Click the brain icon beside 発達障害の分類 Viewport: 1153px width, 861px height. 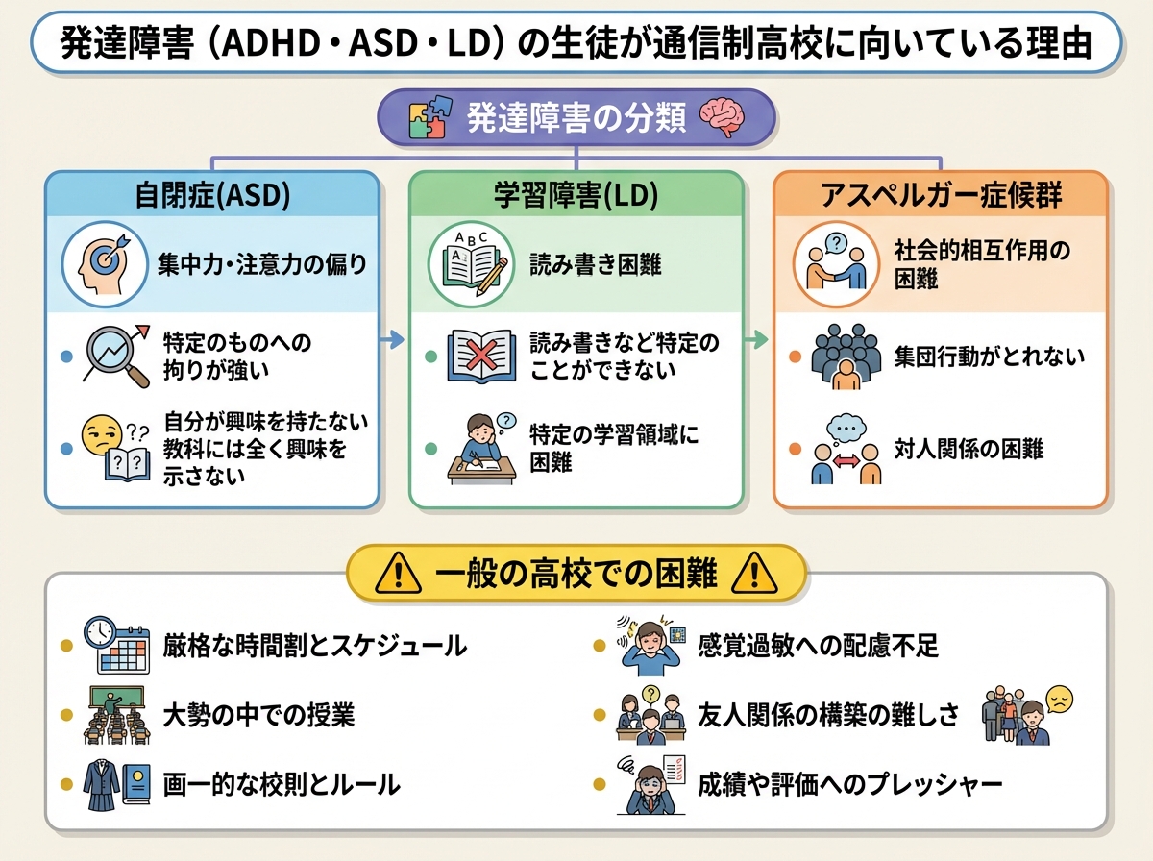[723, 118]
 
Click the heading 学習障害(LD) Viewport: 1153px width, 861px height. [576, 196]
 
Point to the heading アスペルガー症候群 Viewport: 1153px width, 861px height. [941, 196]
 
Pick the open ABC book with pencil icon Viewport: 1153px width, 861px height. [468, 263]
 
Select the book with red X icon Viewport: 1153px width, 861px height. [481, 356]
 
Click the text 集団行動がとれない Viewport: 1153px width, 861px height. [989, 357]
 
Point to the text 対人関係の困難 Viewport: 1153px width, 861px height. [969, 448]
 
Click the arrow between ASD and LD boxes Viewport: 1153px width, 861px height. [392, 338]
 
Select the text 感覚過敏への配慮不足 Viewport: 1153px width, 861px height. [818, 645]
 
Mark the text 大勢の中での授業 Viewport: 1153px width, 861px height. [258, 715]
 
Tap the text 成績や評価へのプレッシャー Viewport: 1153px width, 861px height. [850, 784]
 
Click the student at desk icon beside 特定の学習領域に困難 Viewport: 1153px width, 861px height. [481, 448]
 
